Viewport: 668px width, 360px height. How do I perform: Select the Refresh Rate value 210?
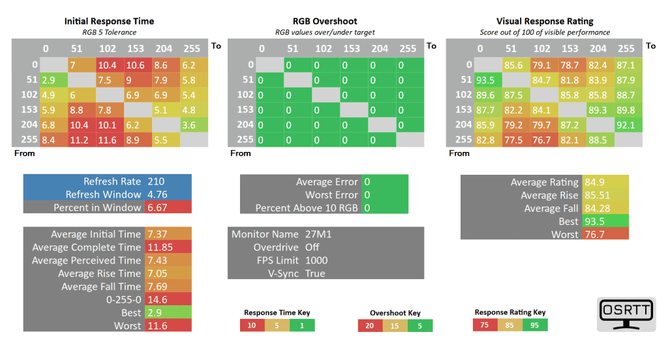156,181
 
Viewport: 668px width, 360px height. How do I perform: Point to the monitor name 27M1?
318,234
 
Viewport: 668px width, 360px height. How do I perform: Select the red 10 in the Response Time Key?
252,325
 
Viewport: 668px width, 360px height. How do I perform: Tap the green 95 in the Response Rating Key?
535,325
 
